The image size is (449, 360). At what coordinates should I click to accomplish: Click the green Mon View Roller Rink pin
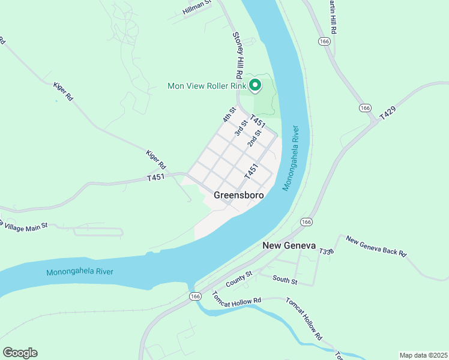click(255, 86)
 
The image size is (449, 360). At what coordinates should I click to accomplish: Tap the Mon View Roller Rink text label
click(206, 86)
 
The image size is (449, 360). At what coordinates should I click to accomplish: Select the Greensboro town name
click(238, 195)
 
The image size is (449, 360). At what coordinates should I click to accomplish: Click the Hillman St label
click(197, 7)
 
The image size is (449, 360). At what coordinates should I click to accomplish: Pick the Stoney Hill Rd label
click(237, 55)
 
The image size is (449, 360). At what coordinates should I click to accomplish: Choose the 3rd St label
click(241, 128)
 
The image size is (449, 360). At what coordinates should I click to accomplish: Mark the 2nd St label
click(255, 138)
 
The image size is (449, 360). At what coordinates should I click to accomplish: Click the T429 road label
click(388, 111)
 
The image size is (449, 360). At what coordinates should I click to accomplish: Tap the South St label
click(285, 279)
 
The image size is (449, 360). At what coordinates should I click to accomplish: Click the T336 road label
click(326, 251)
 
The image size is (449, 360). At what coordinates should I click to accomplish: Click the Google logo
click(20, 352)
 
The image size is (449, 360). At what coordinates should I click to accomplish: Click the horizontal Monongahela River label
click(80, 271)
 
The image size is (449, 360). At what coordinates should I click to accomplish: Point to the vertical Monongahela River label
click(290, 158)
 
